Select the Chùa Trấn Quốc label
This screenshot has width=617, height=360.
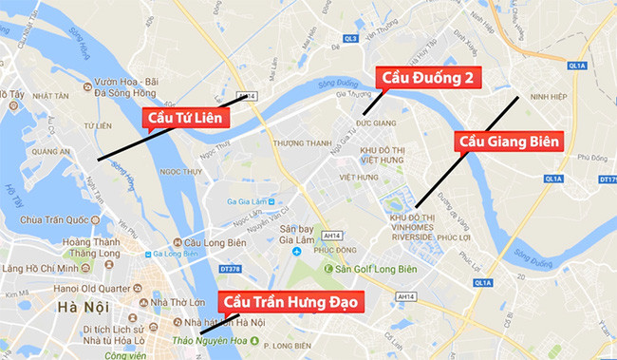[x=59, y=219]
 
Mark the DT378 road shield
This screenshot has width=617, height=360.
[x=231, y=270]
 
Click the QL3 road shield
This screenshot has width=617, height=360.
[x=350, y=39]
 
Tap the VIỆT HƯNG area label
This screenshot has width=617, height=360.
[x=358, y=177]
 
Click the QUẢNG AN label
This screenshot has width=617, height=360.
[x=51, y=150]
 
